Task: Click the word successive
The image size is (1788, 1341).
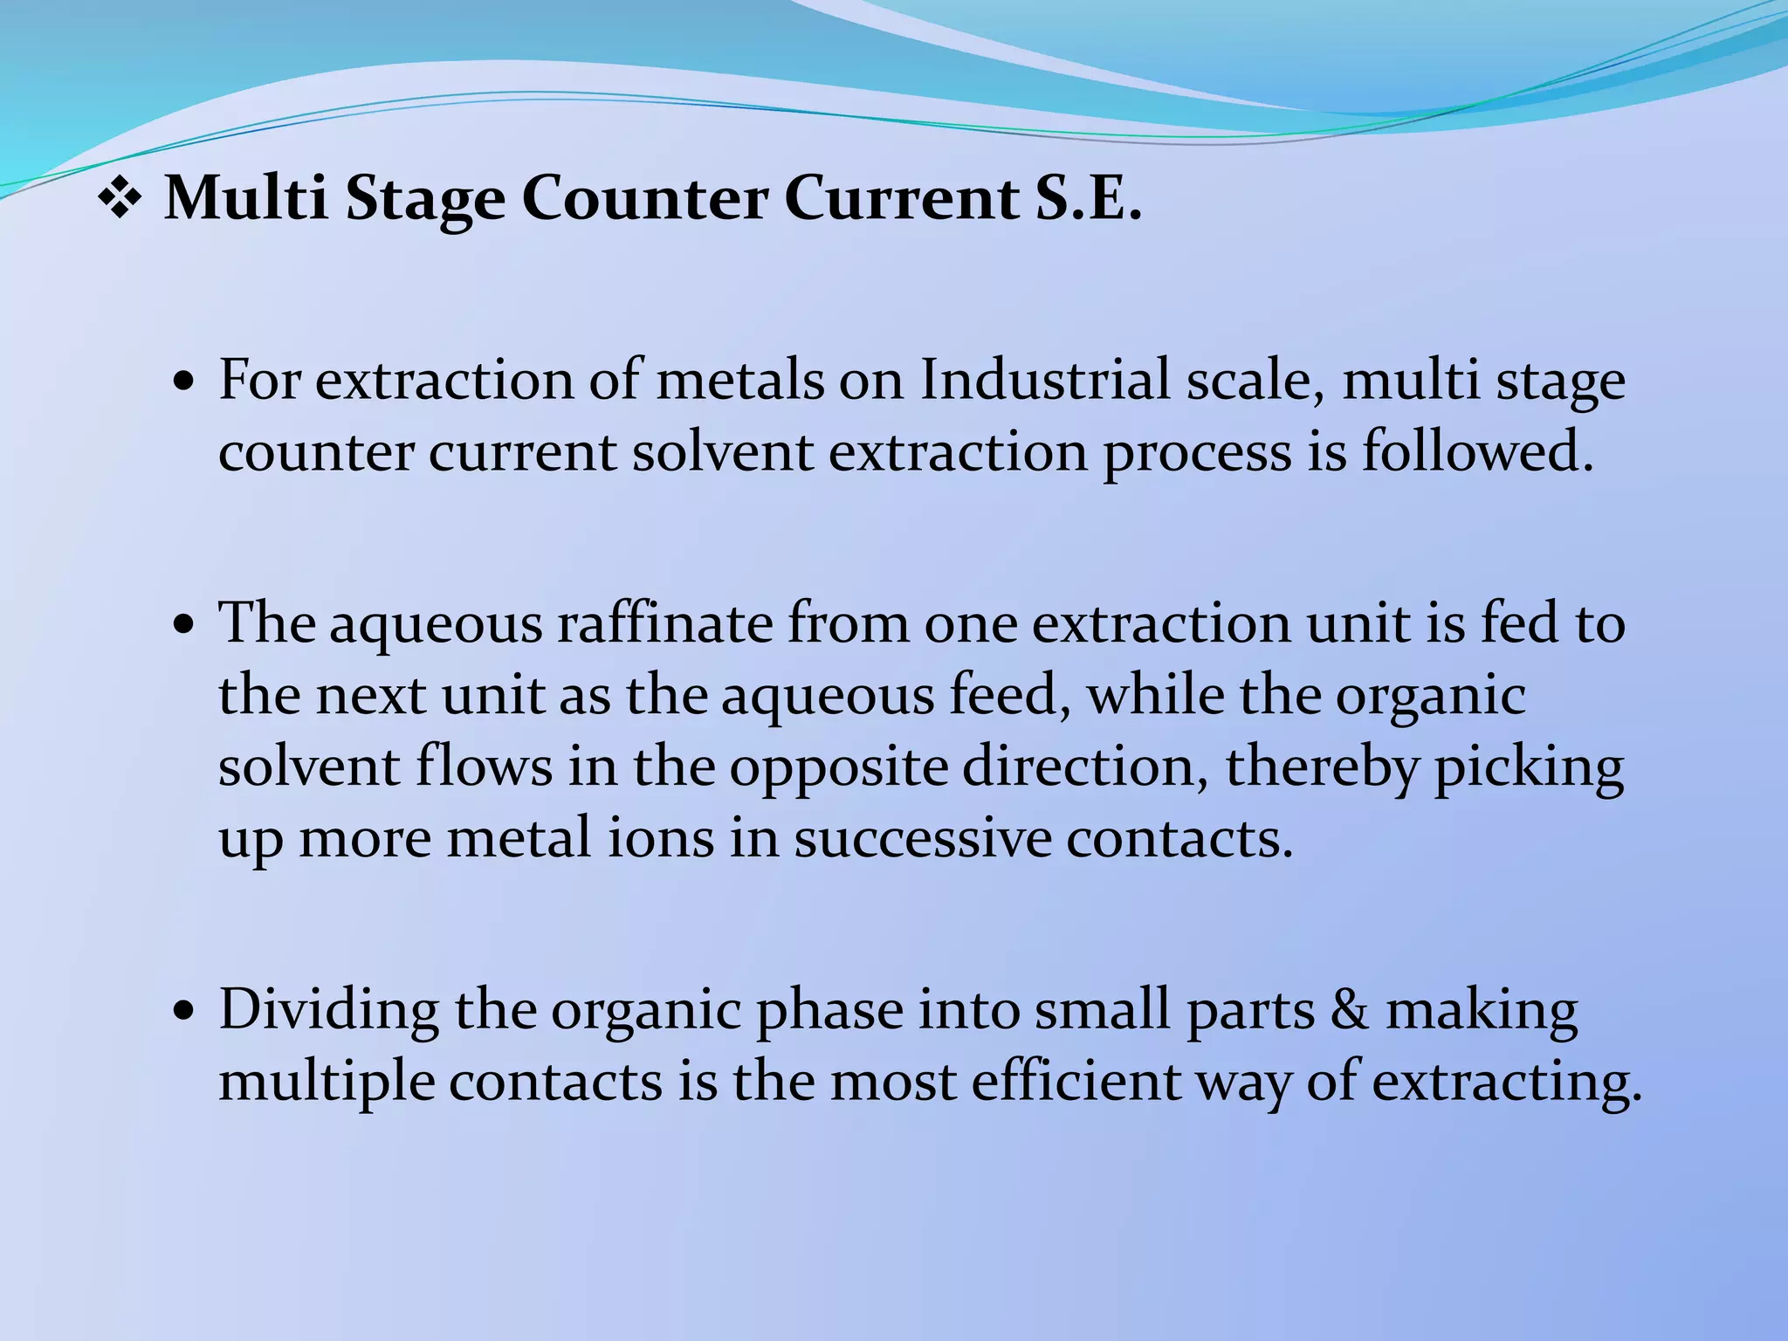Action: point(923,838)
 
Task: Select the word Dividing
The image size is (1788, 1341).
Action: point(328,1011)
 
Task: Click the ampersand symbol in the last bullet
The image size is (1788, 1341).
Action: point(1350,1009)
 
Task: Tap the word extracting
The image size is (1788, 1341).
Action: point(1507,1083)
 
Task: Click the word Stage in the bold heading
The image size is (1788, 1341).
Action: point(425,201)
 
